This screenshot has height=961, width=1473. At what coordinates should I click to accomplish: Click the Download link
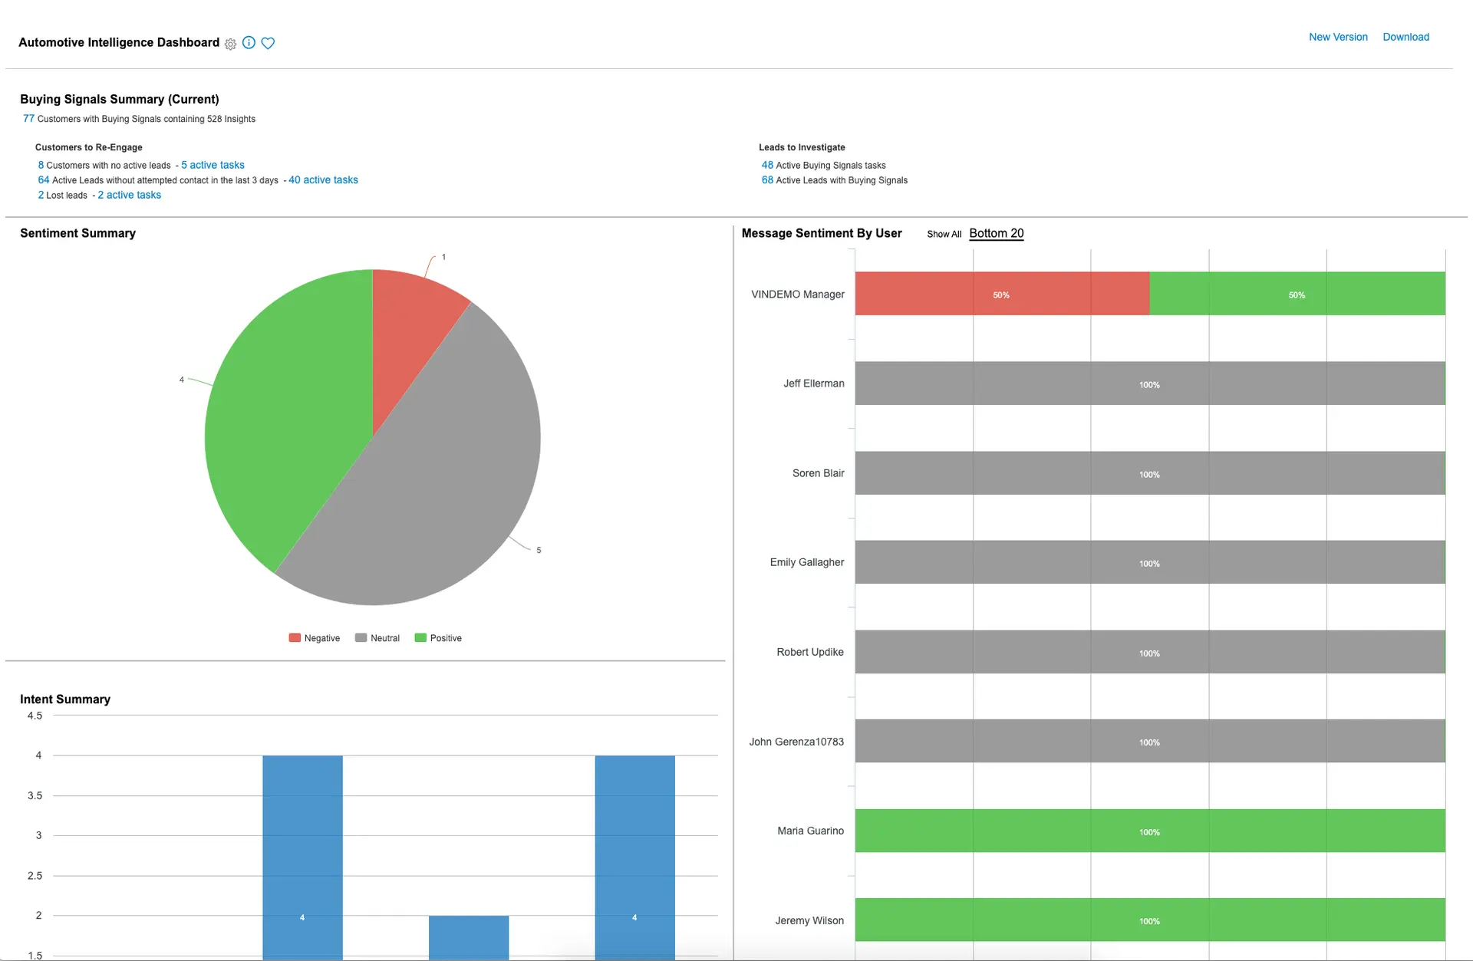tap(1405, 37)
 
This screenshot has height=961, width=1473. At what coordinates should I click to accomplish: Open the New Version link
tap(1338, 37)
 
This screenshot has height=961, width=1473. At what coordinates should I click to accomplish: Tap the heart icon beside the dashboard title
tap(268, 43)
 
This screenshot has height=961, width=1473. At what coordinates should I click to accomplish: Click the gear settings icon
tap(230, 44)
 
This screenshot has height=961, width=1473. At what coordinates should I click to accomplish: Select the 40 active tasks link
tap(323, 180)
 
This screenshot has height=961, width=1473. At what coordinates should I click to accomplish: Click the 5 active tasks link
tap(213, 165)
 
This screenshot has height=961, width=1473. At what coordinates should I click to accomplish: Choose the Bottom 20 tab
tap(996, 233)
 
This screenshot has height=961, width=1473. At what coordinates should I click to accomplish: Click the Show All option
tap(944, 234)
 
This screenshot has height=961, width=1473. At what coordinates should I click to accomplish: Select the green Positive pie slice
tap(284, 429)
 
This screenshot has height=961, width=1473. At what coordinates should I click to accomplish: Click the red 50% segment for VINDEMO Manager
tap(1001, 294)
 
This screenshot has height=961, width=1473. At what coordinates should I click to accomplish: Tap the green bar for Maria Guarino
tap(1149, 831)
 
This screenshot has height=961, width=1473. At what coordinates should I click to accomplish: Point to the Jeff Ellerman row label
tap(813, 383)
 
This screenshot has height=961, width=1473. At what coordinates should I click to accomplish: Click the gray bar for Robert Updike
tap(1149, 652)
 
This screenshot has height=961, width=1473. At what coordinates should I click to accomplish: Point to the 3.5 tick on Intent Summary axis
tap(35, 795)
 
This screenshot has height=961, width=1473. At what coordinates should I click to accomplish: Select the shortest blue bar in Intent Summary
tap(468, 937)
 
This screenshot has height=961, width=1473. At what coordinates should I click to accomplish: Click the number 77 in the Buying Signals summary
tap(28, 119)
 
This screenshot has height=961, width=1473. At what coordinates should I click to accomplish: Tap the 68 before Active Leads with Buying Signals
tap(767, 180)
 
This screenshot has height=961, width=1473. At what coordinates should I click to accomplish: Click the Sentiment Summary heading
tap(77, 233)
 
